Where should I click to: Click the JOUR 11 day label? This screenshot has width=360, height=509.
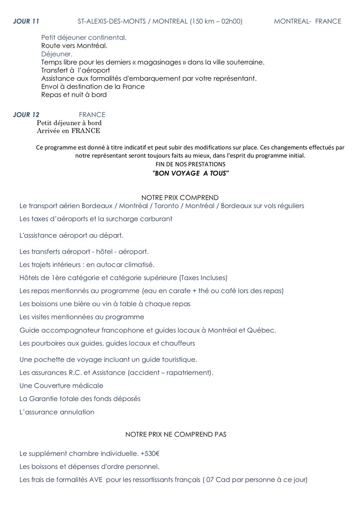[26, 21]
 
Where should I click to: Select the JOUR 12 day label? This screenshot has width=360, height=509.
[26, 115]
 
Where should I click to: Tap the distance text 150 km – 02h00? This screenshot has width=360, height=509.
[216, 21]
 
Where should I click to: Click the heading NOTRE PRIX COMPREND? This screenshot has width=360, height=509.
[180, 198]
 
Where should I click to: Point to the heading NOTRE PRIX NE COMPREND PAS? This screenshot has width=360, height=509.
[176, 435]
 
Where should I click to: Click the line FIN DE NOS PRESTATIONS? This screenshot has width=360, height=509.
[191, 165]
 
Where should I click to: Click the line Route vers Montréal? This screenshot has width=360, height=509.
[74, 46]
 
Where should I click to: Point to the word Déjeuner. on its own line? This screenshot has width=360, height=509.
[57, 54]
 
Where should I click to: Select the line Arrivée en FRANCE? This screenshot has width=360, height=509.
[68, 131]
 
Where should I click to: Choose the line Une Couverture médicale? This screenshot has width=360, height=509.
[61, 386]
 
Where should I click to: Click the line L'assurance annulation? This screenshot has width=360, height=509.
[57, 412]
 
